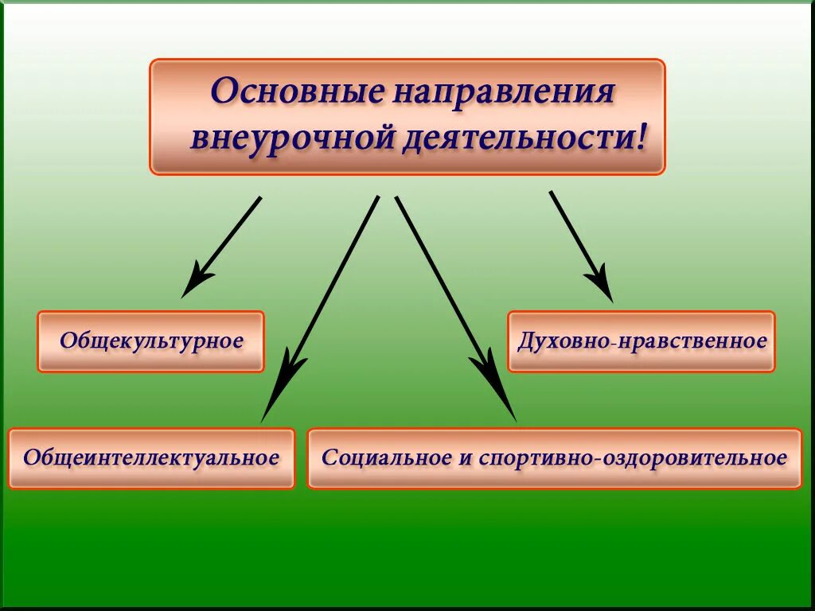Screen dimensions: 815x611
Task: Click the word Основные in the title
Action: pyautogui.click(x=294, y=91)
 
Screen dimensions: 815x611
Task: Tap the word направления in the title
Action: pyautogui.click(x=502, y=91)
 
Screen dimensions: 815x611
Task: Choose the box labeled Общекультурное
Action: pyautogui.click(x=150, y=341)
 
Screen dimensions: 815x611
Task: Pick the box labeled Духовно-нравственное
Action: pyautogui.click(x=641, y=341)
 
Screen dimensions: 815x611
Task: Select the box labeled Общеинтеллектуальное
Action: pyautogui.click(x=151, y=458)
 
